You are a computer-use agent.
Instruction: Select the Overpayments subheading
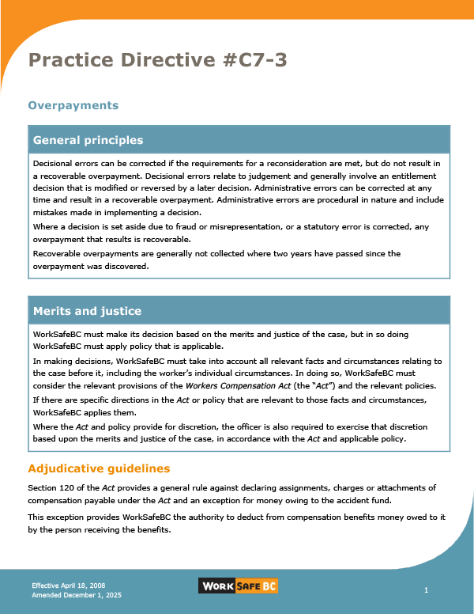coord(73,105)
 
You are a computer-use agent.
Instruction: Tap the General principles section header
coord(88,140)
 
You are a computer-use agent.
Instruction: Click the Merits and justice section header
coord(87,311)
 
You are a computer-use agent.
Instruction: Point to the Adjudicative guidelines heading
coord(99,469)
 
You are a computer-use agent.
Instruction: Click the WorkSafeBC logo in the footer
coord(237,586)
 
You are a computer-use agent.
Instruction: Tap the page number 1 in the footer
coord(426,590)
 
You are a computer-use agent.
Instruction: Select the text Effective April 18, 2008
coord(68,585)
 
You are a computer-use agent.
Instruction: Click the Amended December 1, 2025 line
coord(77,594)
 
